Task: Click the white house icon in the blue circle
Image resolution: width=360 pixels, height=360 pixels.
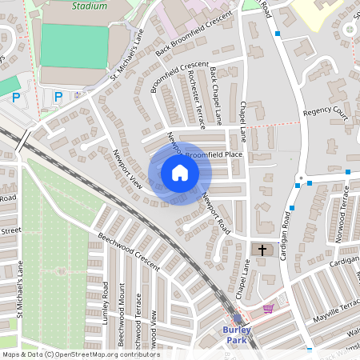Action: [x=179, y=173]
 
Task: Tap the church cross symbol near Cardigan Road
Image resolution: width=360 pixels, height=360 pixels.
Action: [x=262, y=250]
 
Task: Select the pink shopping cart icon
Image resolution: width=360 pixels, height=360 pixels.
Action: [x=268, y=308]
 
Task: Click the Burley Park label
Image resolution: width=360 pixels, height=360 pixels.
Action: [x=237, y=334]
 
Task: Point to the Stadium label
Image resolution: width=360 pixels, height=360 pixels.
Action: [x=89, y=6]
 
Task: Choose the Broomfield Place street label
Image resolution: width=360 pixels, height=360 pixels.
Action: [x=214, y=154]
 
